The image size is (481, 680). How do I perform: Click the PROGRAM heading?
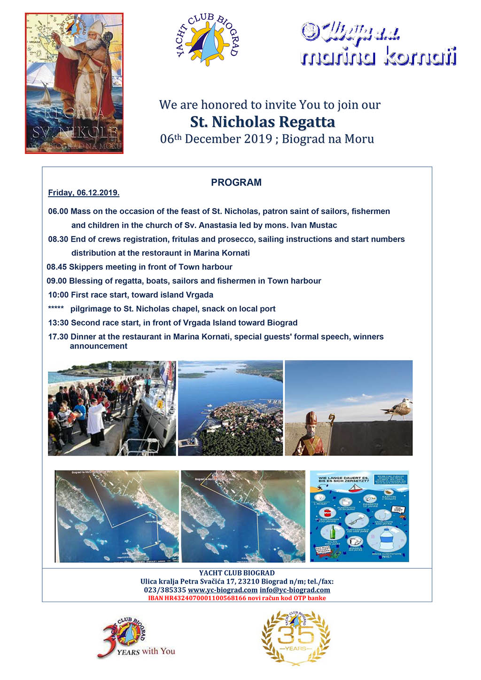pos(236,182)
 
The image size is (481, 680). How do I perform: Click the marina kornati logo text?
pos(378,57)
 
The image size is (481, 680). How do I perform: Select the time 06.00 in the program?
pos(58,211)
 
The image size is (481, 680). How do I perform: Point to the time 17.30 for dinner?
pos(58,337)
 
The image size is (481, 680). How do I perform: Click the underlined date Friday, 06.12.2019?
pos(84,193)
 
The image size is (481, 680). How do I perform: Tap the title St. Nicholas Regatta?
pos(263,122)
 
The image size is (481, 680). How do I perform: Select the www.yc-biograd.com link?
pos(223,590)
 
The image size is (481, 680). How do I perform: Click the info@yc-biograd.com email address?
pos(295,590)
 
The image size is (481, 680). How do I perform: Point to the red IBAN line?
pos(237,598)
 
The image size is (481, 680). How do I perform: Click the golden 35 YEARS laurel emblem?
pos(296,637)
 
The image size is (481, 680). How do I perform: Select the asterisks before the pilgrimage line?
pos(56,308)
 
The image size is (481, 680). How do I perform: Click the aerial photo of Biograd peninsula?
pos(230,408)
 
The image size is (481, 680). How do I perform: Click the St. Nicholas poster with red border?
pos(74,83)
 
